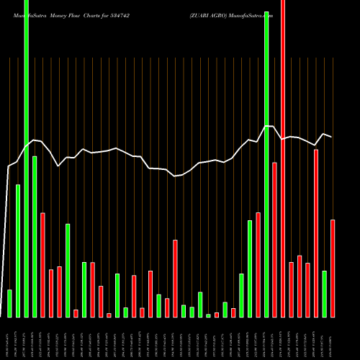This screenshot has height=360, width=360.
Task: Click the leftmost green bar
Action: pyautogui.click(x=9, y=303)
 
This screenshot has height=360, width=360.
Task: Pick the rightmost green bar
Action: pyautogui.click(x=324, y=294)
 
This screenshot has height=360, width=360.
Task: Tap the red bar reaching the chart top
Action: pyautogui.click(x=282, y=158)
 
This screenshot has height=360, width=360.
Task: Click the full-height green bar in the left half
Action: pyautogui.click(x=26, y=158)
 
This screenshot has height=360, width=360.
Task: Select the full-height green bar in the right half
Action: pyautogui.click(x=266, y=166)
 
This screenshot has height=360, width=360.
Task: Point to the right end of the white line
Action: pyautogui.click(x=332, y=137)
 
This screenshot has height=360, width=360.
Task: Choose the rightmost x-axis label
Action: pyautogui.click(x=332, y=338)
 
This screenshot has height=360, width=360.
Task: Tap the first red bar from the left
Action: pyautogui.click(x=42, y=265)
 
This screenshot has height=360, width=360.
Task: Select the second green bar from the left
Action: pyautogui.click(x=18, y=251)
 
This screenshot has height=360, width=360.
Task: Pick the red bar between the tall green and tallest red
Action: pyautogui.click(x=274, y=240)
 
